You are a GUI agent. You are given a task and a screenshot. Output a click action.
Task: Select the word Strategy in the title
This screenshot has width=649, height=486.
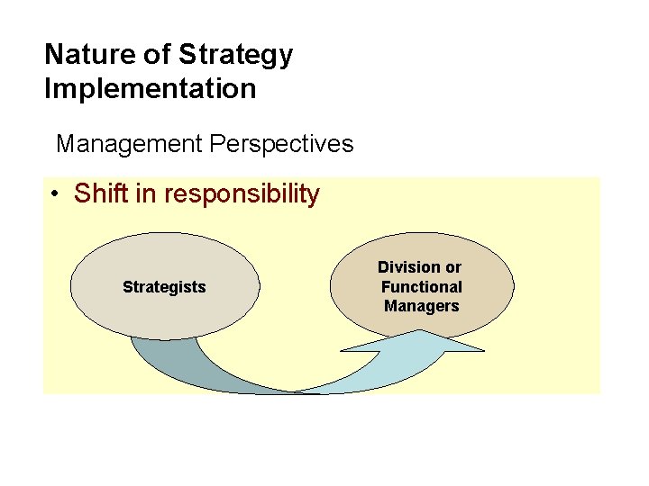pos(236,56)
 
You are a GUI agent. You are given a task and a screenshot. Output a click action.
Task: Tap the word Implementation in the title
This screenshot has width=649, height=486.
pos(151,89)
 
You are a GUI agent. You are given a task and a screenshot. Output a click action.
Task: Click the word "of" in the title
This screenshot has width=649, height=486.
pos(158,54)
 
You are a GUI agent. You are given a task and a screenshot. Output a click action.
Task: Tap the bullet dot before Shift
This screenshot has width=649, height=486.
pos(56,194)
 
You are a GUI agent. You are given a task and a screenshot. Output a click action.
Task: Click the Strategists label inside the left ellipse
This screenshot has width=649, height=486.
pos(164,287)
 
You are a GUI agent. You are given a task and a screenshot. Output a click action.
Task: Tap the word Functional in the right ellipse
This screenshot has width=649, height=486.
pos(421,287)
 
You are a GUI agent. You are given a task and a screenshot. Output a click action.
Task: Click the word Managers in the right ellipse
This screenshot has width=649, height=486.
pos(421,306)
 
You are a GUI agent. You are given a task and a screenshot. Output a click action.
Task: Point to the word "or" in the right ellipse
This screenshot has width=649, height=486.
pos(452,267)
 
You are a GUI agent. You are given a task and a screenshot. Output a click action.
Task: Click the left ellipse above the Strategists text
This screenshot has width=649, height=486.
pos(164,256)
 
